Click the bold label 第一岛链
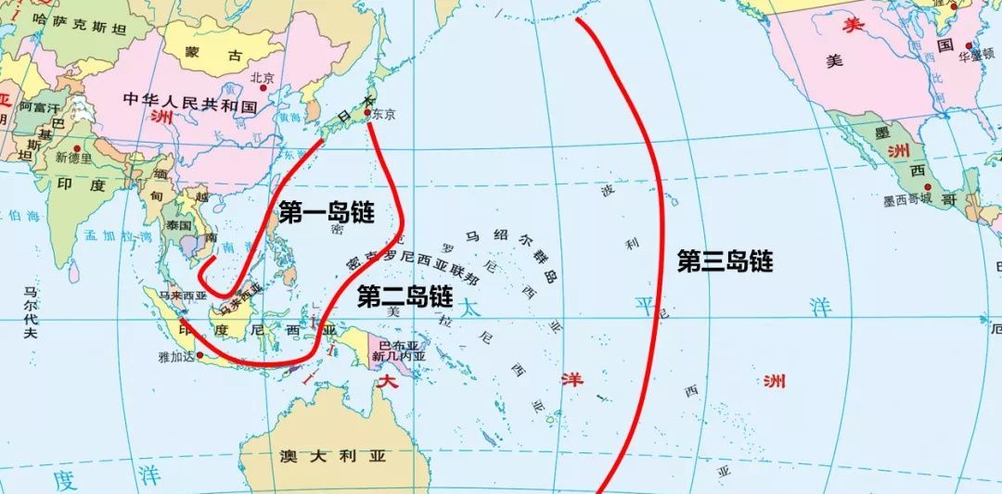[326, 213]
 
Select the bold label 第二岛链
[405, 297]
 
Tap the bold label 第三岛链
[725, 261]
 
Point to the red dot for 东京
[368, 113]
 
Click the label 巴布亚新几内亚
[397, 349]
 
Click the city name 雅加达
[176, 356]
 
